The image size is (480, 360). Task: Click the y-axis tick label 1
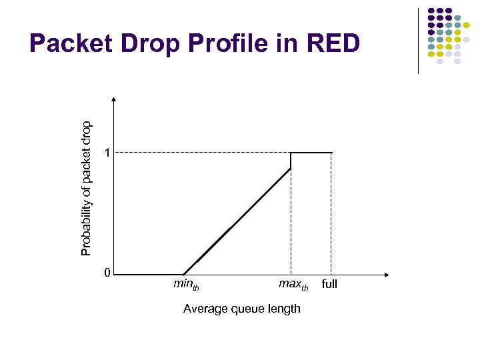tap(107, 153)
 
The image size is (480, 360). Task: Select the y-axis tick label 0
tap(107, 273)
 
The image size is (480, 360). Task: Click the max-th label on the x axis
tap(293, 285)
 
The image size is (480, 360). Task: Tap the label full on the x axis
tap(329, 284)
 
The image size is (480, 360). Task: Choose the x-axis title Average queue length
tap(241, 308)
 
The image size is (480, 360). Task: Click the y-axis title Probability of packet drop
tap(86, 187)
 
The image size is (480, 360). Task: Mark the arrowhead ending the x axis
tap(387, 274)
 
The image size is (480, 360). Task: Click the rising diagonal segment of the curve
tap(237, 221)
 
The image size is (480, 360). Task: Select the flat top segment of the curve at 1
tap(311, 153)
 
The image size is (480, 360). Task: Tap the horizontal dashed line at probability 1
tap(200, 153)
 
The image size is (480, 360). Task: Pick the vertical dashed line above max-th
tap(291, 220)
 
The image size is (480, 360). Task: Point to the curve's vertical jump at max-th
tap(291, 161)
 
